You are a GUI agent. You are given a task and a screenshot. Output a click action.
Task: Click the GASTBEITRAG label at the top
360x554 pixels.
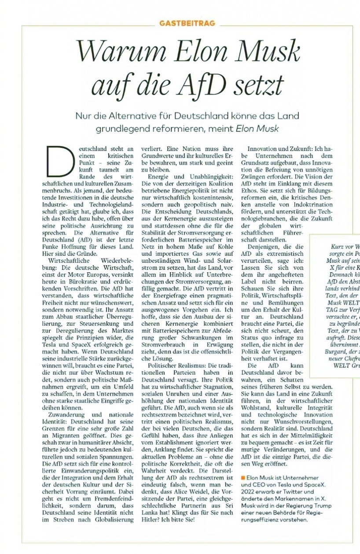187,23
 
